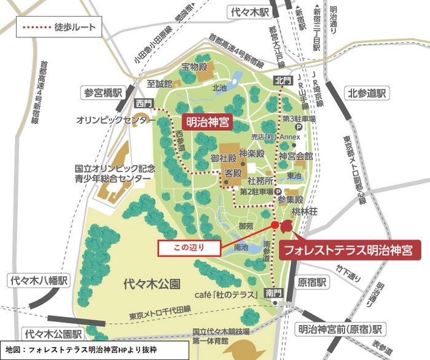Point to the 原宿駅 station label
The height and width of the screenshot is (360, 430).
pyautogui.click(x=311, y=282)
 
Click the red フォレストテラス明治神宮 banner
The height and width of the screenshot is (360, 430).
pyautogui.click(x=350, y=251)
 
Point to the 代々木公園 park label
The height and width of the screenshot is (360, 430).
pyautogui.click(x=151, y=284)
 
